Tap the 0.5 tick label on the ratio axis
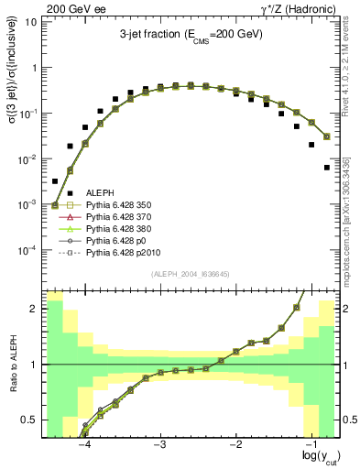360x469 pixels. (x=30, y=420)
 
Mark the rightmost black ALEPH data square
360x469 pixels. (x=327, y=168)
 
